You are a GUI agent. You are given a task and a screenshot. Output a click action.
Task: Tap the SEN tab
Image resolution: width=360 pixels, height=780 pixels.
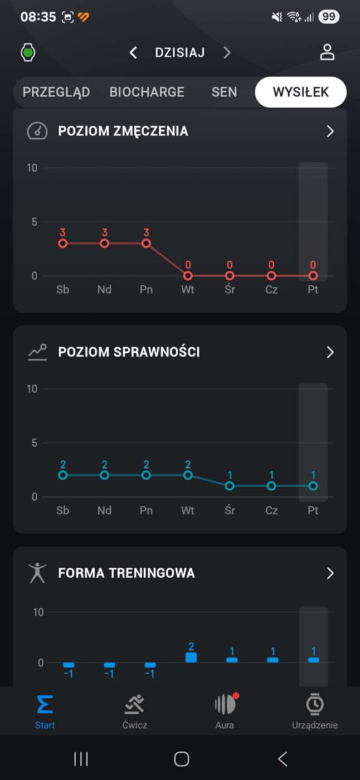(x=224, y=92)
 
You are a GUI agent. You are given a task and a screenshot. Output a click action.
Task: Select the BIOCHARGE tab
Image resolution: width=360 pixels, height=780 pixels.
(x=147, y=92)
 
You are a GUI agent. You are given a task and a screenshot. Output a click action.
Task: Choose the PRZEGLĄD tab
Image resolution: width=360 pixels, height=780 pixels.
(x=56, y=92)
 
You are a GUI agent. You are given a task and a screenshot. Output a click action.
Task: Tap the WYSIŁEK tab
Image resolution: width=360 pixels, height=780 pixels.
(x=300, y=92)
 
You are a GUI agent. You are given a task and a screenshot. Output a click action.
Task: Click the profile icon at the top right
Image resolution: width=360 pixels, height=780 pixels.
(x=327, y=52)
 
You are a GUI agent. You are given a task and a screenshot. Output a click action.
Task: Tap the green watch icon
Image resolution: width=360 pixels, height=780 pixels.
(x=28, y=53)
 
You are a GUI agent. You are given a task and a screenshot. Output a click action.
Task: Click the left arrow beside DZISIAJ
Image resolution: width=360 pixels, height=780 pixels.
(x=133, y=53)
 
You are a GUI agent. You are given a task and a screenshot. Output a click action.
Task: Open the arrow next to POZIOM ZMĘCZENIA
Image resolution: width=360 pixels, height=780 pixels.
(x=330, y=131)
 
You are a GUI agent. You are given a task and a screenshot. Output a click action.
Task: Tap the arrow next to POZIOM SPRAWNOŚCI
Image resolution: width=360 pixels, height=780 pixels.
(x=330, y=352)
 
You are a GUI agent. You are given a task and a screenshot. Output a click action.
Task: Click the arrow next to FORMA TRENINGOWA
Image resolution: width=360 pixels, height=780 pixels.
(x=330, y=573)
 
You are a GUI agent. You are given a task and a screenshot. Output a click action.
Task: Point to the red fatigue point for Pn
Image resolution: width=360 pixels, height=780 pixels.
(x=146, y=243)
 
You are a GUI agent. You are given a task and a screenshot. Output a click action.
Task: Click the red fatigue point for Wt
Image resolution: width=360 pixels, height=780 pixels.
(x=188, y=276)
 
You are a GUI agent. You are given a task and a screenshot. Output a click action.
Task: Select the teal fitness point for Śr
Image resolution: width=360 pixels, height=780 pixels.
(x=230, y=486)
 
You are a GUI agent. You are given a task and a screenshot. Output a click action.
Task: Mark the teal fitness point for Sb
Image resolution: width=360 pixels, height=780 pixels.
(x=63, y=475)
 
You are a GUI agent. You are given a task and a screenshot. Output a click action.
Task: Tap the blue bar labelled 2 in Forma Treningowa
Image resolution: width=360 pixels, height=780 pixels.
(x=191, y=657)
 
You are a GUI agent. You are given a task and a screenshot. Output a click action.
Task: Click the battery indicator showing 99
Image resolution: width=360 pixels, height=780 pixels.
(x=329, y=17)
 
